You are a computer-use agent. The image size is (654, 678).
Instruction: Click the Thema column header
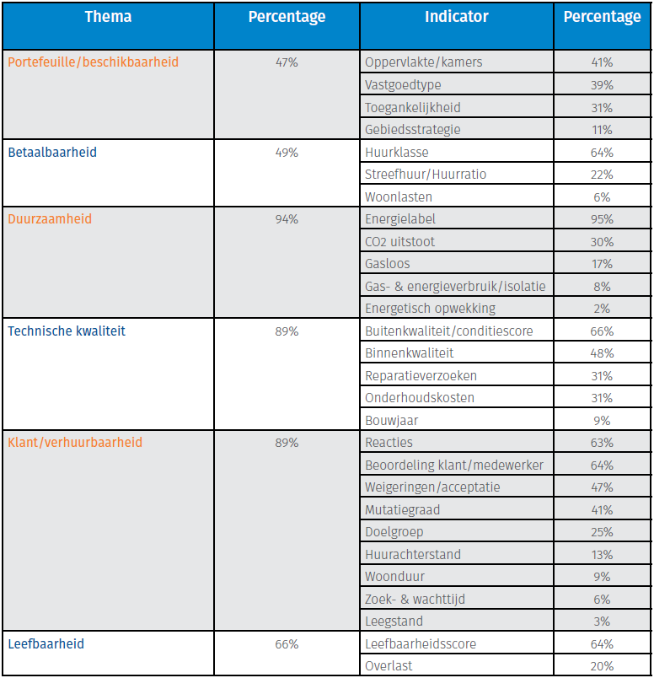[108, 17]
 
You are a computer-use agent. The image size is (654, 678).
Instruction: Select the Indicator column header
[455, 17]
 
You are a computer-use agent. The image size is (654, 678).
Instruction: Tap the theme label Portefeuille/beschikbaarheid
[93, 62]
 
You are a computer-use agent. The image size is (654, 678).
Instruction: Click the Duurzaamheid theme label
[50, 219]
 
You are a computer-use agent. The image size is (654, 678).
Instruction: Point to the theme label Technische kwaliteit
[67, 331]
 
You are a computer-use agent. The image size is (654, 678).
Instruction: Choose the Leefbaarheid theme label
[46, 644]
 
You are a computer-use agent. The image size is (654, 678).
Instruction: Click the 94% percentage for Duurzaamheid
[287, 219]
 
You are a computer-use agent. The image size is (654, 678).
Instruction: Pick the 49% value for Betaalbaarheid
[287, 153]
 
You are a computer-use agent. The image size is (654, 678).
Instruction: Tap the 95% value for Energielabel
[602, 219]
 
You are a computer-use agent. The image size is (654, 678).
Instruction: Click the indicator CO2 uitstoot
[399, 242]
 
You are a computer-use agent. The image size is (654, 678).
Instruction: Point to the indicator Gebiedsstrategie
[413, 130]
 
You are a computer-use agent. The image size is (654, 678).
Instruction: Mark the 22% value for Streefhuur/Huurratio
[602, 175]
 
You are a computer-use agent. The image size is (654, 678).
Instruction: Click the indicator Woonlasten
[399, 196]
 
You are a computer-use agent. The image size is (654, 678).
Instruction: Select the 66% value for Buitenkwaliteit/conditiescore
[602, 331]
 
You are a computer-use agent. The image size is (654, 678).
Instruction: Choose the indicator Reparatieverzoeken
[421, 376]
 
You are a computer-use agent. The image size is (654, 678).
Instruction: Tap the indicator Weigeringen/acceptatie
[432, 487]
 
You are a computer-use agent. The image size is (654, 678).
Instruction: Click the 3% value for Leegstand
[602, 621]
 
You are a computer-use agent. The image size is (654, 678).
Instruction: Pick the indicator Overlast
[389, 666]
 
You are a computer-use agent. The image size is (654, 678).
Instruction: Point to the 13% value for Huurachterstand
[602, 555]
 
